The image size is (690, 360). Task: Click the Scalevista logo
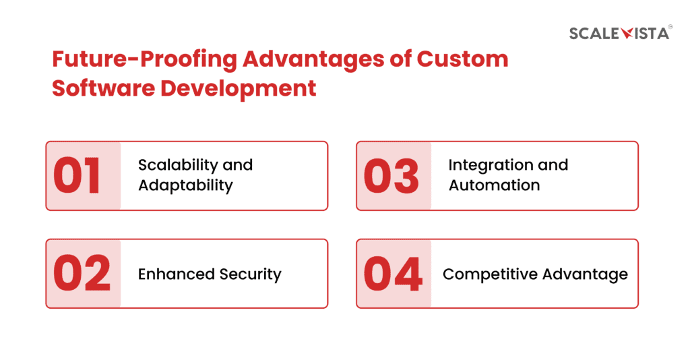[x=619, y=32]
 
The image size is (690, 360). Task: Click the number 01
[x=77, y=176]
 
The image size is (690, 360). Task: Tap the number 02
[x=82, y=274]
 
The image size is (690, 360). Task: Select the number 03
[x=391, y=176]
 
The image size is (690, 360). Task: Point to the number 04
[x=393, y=274]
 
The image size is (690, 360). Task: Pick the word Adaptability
[x=185, y=185]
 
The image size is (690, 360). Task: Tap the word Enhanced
[x=177, y=274]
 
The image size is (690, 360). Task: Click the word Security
[x=251, y=274]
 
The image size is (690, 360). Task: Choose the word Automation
[x=494, y=185]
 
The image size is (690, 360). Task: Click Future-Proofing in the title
[x=144, y=60]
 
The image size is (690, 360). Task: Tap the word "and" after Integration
[x=553, y=165]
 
